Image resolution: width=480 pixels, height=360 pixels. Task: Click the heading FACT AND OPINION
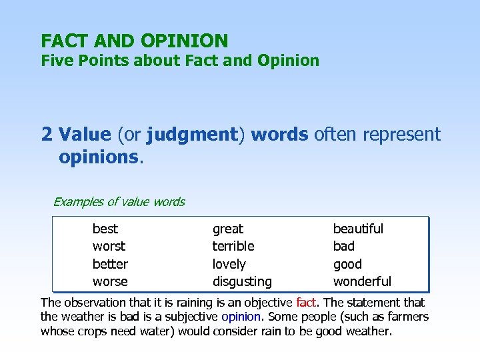point(134,41)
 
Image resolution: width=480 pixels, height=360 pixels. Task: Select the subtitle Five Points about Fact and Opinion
point(180,61)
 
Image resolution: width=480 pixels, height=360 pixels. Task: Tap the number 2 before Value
point(47,135)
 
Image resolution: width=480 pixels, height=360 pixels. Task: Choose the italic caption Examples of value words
point(119,201)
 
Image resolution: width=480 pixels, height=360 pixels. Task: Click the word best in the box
point(105,229)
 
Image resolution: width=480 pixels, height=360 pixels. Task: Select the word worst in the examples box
point(109,246)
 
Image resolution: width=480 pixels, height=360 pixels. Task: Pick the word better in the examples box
point(110,264)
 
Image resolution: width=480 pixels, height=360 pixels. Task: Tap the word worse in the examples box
point(110,281)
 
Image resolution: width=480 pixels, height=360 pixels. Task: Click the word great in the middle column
point(228,229)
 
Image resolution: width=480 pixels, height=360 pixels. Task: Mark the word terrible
point(233,246)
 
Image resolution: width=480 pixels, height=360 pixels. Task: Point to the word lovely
point(229,264)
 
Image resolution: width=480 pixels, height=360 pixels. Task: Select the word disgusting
point(242,281)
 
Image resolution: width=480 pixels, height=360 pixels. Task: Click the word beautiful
point(358,229)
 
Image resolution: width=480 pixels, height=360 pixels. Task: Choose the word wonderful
point(362,281)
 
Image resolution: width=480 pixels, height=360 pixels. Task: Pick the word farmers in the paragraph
point(408,317)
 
